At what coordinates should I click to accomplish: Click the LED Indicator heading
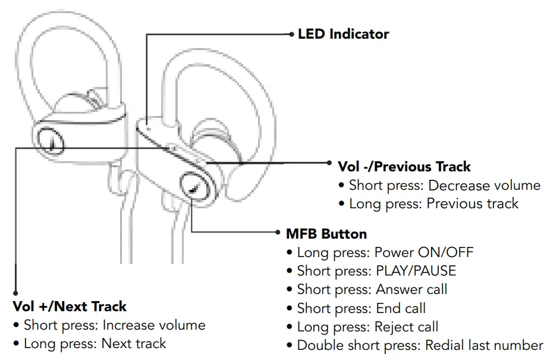[x=343, y=34]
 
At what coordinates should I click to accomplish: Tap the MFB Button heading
[x=326, y=233]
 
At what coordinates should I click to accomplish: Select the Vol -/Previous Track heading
[x=404, y=167]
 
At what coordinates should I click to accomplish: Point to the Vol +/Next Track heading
[x=70, y=307]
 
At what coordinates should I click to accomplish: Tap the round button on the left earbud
[x=50, y=140]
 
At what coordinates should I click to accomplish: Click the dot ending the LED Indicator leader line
[x=291, y=34]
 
